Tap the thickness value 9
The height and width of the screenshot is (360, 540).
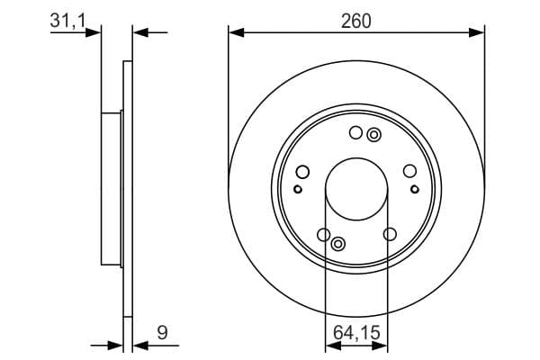(162, 332)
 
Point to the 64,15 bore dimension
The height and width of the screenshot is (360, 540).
(356, 332)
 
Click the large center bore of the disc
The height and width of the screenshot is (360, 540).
(356, 190)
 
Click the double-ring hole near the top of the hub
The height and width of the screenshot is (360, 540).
(374, 135)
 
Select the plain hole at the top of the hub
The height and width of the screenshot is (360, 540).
(355, 134)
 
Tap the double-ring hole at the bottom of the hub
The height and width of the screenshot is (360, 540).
(338, 244)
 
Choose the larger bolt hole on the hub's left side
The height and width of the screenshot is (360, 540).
(302, 173)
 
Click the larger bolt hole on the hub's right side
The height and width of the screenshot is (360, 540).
(410, 173)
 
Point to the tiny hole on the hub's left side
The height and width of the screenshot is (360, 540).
(298, 189)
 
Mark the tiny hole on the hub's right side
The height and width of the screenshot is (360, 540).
(415, 189)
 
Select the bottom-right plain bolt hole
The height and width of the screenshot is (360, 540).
(390, 235)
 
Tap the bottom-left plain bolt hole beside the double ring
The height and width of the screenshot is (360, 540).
(323, 235)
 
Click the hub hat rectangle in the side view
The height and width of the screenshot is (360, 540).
(111, 190)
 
